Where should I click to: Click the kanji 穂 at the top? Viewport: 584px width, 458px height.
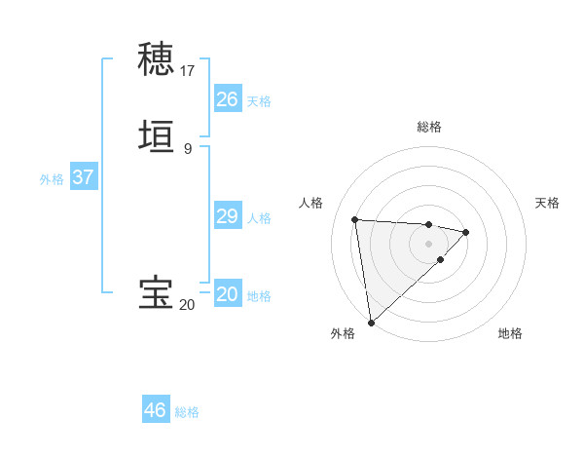pos(157,59)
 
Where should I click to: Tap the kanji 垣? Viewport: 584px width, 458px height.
pos(157,137)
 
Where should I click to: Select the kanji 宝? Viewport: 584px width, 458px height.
pos(157,293)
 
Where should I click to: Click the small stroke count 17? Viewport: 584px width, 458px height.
pos(188,70)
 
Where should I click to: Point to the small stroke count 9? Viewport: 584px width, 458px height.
pos(188,148)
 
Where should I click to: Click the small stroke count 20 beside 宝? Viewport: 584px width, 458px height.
pos(187,304)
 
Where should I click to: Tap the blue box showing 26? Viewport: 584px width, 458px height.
pos(227,99)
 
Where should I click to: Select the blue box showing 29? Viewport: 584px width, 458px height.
pos(227,216)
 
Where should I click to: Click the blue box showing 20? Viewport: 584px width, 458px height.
pos(227,294)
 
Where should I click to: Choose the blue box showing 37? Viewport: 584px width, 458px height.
pos(83,177)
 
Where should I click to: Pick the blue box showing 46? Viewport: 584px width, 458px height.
pos(155,410)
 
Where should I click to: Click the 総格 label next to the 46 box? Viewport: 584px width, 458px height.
pos(188,412)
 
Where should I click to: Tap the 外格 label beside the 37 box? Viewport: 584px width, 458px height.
pos(52,179)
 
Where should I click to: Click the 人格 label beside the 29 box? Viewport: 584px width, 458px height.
pos(260,218)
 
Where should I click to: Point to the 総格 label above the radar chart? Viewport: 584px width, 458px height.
pos(428,127)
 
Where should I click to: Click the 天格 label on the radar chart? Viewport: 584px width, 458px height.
pos(547,203)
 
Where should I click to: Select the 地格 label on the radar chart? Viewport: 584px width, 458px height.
pos(510,333)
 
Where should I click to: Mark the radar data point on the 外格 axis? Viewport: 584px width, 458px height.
pos(370,323)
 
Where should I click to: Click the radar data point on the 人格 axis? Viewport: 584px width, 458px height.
pos(355,219)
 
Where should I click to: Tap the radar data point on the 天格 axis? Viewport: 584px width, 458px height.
pos(466,232)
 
